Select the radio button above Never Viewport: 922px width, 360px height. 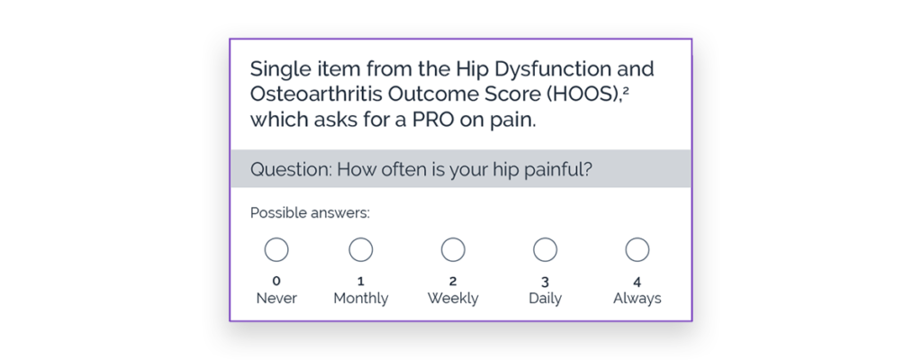[x=276, y=249]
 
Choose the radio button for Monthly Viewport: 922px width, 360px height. [x=360, y=249]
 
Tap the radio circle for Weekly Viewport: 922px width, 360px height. [x=453, y=249]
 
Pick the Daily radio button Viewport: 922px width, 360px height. [x=545, y=249]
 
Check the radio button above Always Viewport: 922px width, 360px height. [x=637, y=249]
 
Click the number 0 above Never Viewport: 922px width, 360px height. [x=276, y=281]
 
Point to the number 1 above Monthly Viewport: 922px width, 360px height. [x=360, y=281]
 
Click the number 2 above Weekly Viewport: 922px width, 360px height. [x=453, y=281]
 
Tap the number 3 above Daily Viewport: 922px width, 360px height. [x=545, y=281]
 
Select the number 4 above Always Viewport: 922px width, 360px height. [x=637, y=281]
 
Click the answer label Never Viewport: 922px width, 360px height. [x=276, y=298]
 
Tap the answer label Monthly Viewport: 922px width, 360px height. [x=360, y=299]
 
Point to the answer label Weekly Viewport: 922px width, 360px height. [x=453, y=299]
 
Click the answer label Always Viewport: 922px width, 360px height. [x=637, y=299]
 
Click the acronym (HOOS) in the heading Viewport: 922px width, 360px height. [x=593, y=94]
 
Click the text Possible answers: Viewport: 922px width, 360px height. [x=310, y=213]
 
